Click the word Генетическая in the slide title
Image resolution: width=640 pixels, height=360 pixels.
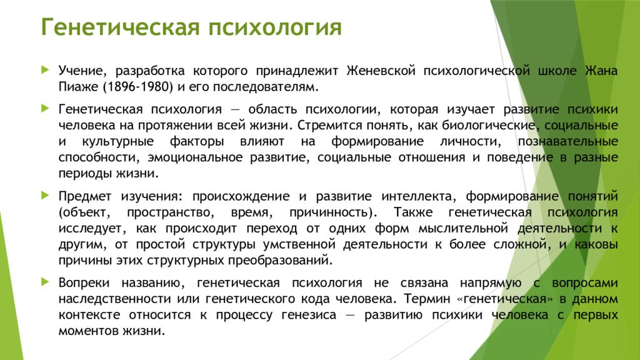coord(121,27)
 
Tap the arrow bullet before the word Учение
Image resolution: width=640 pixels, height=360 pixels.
coord(45,70)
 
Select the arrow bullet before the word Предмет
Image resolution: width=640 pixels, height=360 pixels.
coord(45,196)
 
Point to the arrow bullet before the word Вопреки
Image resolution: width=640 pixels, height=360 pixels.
coord(45,282)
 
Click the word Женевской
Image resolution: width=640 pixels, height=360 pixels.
coord(381,71)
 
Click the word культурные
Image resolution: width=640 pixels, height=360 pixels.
coord(118,142)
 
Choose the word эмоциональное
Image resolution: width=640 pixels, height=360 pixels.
coord(195,157)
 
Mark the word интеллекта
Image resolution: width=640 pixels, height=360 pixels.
coord(418,197)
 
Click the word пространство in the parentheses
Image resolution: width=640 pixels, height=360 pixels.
coord(170,213)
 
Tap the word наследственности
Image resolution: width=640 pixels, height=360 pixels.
coord(115,299)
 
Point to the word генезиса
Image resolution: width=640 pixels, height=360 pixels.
coord(309,316)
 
